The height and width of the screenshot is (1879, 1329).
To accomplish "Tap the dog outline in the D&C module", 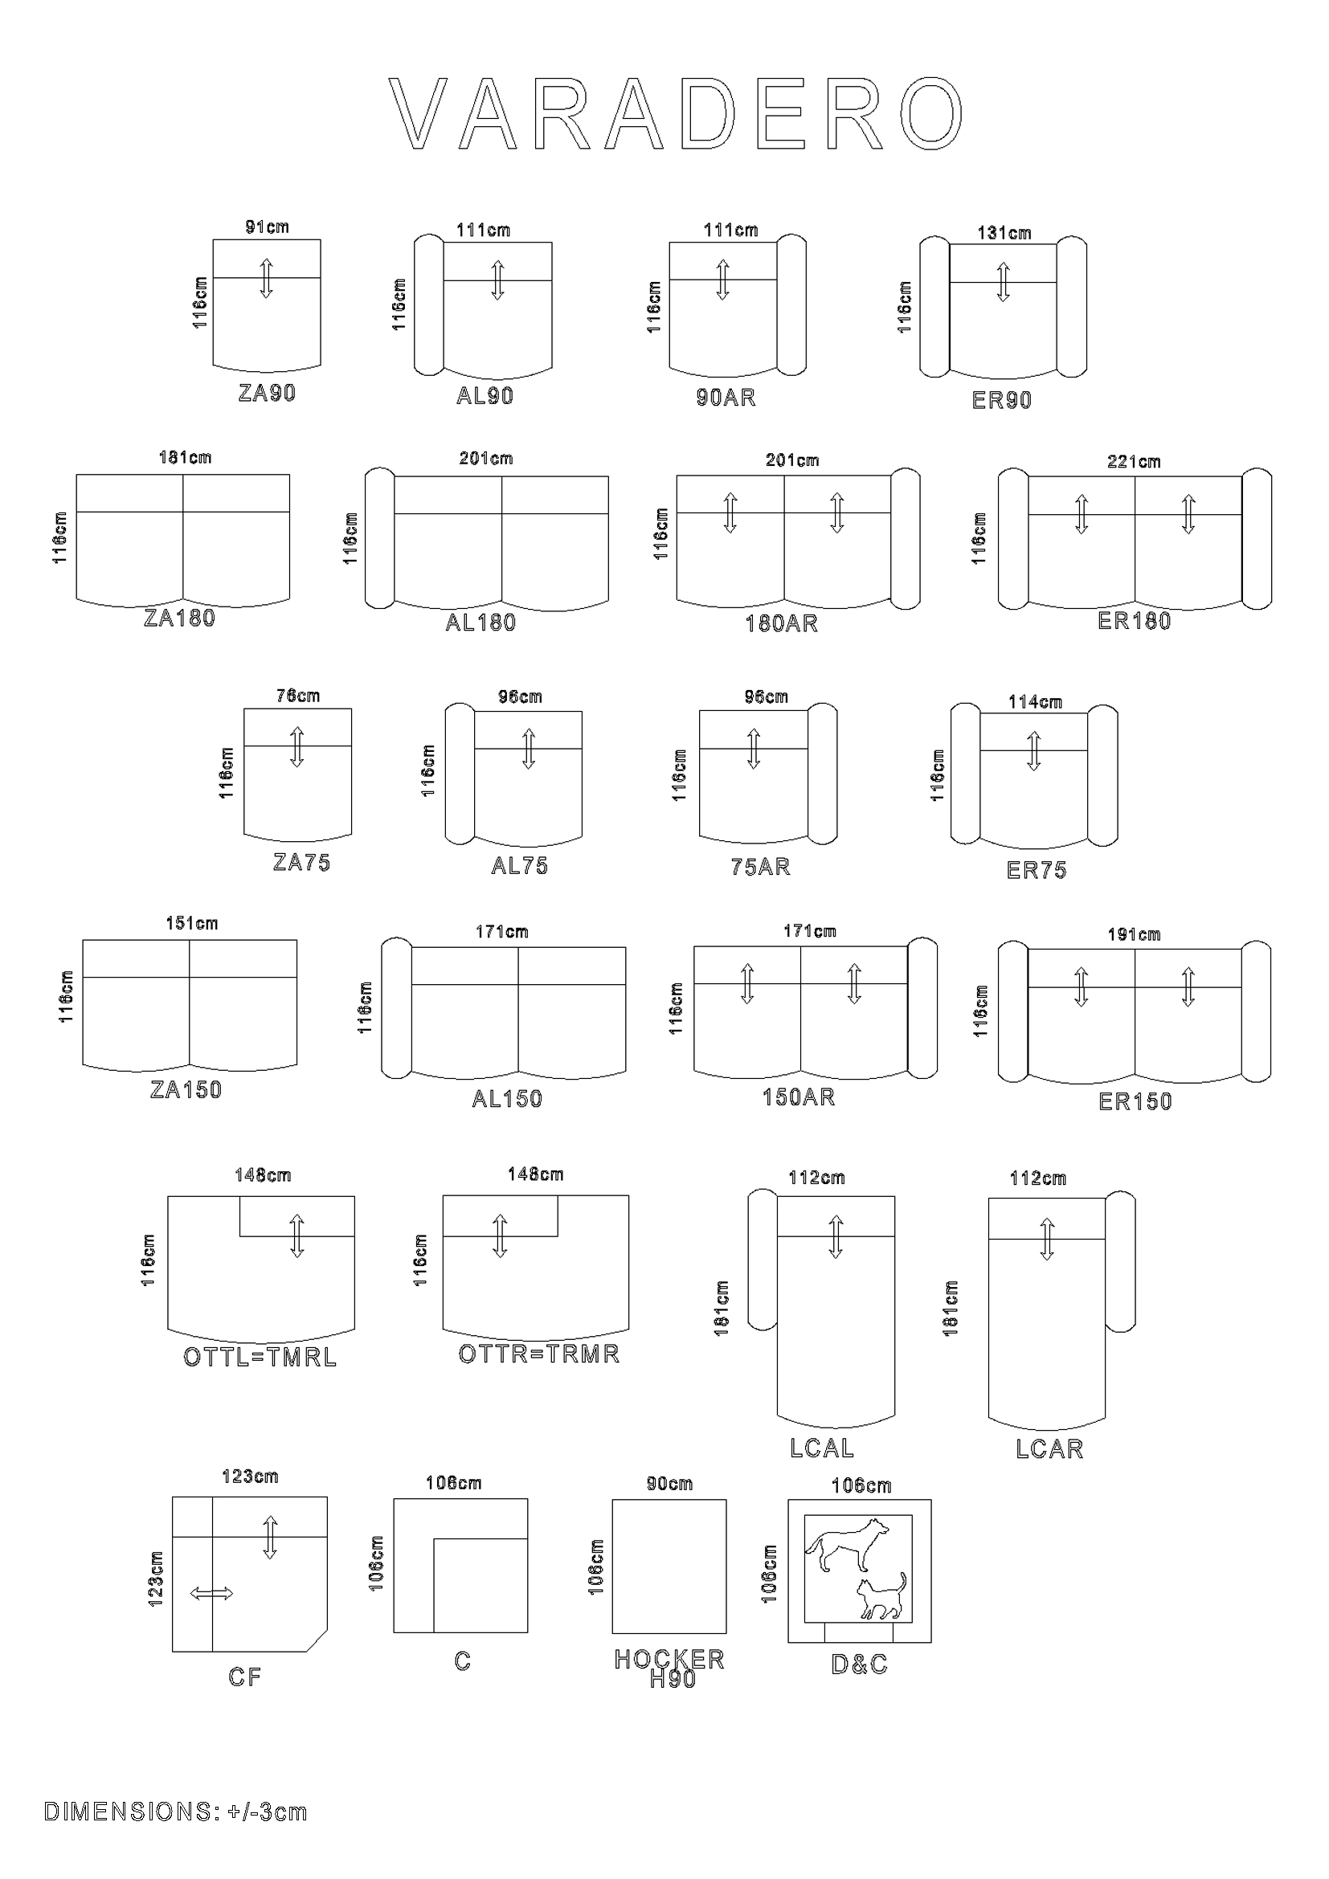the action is click(847, 1543).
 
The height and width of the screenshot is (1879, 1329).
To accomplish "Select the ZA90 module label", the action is click(267, 393).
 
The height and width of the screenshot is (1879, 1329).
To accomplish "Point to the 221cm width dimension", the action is click(1134, 462).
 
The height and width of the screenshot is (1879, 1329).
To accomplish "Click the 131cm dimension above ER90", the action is click(1004, 233).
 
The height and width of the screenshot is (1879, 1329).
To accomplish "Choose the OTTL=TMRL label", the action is click(260, 1358).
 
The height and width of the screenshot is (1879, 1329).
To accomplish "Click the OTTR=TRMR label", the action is click(538, 1354).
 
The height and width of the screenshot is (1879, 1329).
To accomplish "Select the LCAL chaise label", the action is click(822, 1448).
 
